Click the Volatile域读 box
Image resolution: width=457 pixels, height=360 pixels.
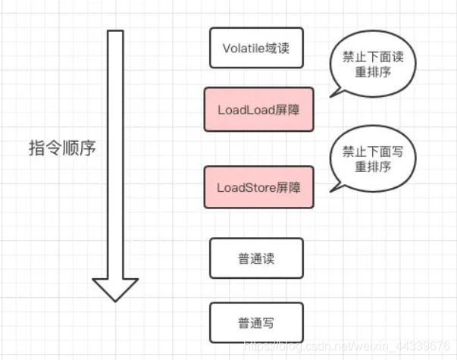pos(255,48)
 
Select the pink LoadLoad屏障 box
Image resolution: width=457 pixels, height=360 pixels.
pos(258,109)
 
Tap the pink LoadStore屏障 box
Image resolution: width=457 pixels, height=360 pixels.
pos(258,186)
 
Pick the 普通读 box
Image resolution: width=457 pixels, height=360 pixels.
pos(255,258)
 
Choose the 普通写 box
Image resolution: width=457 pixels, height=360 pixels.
pos(255,323)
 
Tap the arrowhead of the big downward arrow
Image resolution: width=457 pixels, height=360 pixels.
pos(115,288)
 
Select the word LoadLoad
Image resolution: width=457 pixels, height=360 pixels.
pos(243,110)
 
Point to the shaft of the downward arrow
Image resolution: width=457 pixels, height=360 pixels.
pos(115,152)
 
